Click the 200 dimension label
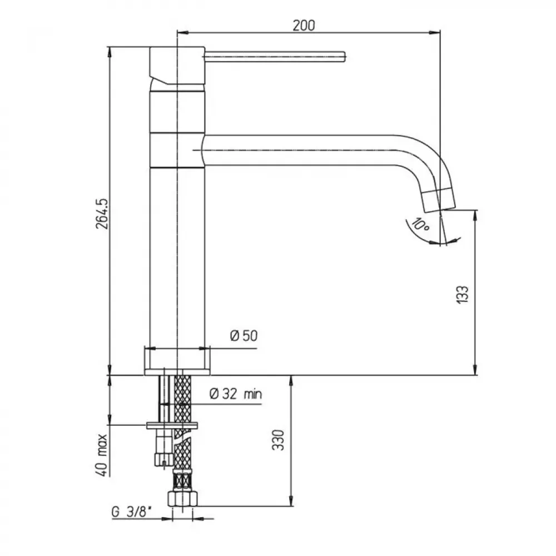[304, 26]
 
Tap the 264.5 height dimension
[102, 214]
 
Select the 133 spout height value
[461, 294]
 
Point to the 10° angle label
[421, 225]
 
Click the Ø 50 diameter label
[244, 335]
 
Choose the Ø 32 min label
[236, 394]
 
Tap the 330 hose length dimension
[278, 440]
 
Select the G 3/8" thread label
[132, 512]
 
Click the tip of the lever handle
[344, 57]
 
